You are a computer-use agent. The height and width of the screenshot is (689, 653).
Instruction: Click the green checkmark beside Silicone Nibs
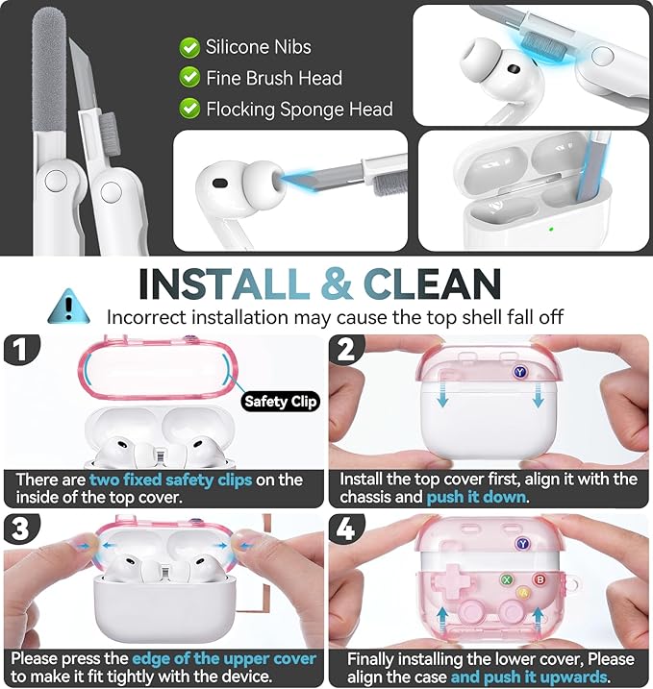coord(189,47)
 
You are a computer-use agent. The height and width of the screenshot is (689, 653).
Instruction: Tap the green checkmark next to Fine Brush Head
coord(189,77)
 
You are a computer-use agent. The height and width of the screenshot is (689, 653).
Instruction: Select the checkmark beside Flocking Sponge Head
coord(189,108)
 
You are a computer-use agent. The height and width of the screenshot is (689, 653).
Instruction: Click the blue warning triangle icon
coord(68,307)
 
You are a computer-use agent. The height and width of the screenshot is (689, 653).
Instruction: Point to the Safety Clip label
coord(280,401)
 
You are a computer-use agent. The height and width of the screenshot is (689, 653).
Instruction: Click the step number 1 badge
coord(20,350)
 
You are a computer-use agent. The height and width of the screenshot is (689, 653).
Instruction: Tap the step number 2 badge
coord(346,350)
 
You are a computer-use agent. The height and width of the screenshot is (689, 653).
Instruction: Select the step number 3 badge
coord(20,529)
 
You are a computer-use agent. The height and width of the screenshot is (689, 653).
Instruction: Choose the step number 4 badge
coord(346,529)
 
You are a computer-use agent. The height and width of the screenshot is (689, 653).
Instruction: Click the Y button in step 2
coord(520,372)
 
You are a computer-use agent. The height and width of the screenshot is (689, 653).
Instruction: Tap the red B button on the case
coord(540,580)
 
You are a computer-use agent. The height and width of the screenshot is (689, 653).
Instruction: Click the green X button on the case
coord(507,580)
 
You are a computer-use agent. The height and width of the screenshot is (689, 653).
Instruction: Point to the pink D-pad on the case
coord(452,581)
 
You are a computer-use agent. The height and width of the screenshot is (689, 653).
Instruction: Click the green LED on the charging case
coord(550,229)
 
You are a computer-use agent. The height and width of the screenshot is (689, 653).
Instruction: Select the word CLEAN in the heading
coord(432,283)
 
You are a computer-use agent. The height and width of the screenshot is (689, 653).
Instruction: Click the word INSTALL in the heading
coord(224,283)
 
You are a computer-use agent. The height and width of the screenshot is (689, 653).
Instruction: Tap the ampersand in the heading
coord(337,283)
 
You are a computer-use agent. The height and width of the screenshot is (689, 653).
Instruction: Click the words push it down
coord(477,497)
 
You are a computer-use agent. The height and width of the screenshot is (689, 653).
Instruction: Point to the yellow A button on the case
coord(523,593)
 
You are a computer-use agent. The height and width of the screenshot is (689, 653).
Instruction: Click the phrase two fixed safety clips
coord(170,480)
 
